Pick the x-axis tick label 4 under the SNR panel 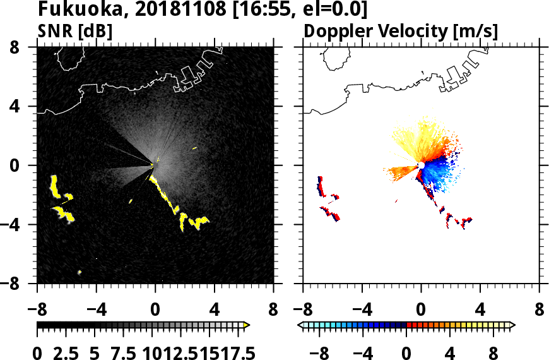[x=214, y=310]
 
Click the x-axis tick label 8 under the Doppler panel [x=539, y=310]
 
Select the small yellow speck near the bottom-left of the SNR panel [x=80, y=272]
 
